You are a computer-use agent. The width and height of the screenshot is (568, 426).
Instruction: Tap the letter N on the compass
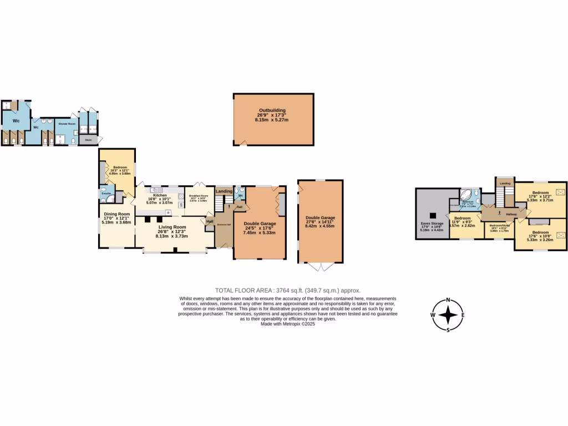[448, 302]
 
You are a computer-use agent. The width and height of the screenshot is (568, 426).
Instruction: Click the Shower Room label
[67, 124]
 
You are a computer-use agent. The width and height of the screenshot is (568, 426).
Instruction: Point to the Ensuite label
[105, 194]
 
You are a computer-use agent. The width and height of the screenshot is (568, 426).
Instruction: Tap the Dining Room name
[116, 214]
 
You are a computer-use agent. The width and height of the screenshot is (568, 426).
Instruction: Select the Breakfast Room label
[199, 196]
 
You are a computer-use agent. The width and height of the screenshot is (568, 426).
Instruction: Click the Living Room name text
[172, 226]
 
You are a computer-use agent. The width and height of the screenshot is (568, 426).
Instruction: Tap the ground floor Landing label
[224, 191]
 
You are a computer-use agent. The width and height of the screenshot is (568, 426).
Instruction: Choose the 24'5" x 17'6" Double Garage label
[259, 224]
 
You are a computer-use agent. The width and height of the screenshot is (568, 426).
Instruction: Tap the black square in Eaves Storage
[431, 215]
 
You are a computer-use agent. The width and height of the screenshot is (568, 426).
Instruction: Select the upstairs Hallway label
[511, 214]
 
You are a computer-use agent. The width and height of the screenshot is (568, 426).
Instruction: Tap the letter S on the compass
[448, 330]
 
